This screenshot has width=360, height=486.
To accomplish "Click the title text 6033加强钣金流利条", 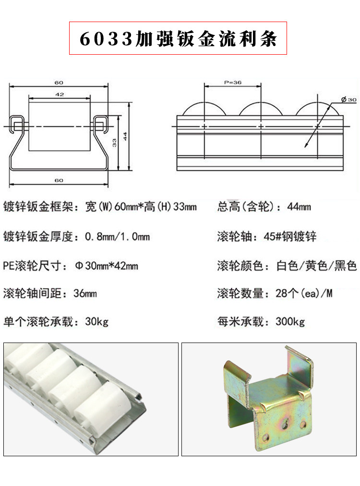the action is click(x=178, y=38).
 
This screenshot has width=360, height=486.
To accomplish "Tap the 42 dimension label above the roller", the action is click(x=60, y=95).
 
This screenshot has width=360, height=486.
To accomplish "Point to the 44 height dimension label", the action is click(x=124, y=137).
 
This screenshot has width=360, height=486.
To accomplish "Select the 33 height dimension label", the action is click(x=114, y=142).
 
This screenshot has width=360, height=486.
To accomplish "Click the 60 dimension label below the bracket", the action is click(x=59, y=180).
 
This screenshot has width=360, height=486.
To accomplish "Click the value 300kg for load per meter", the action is click(x=290, y=321).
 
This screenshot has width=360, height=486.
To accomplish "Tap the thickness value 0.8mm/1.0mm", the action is click(x=117, y=237).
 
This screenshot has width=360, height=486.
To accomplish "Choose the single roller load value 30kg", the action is click(x=96, y=321).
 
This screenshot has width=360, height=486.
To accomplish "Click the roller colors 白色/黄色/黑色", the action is click(x=317, y=265).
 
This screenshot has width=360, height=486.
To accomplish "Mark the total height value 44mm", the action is click(x=299, y=207).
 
